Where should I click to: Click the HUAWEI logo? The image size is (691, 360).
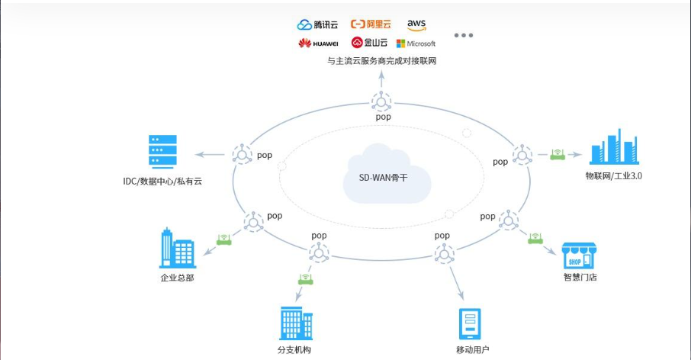tap(317, 43)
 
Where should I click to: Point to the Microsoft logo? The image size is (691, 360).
tap(416, 43)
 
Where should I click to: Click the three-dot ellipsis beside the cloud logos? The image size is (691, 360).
tap(464, 36)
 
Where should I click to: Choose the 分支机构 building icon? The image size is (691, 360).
tap(294, 323)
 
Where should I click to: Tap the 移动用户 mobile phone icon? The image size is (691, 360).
tap(471, 323)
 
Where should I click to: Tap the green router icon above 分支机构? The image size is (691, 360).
tap(306, 279)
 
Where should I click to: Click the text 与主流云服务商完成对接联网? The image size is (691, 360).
tap(381, 61)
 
